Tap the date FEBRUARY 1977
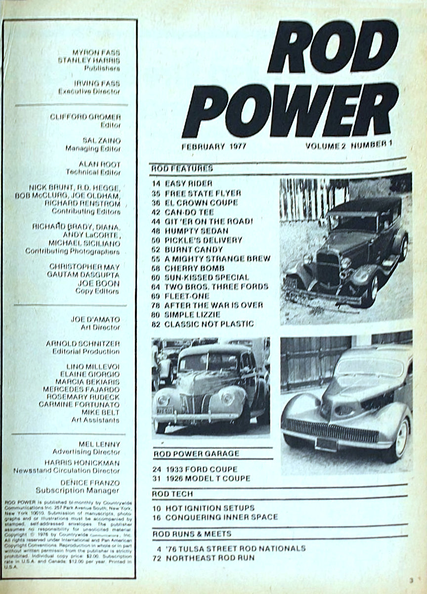pyautogui.click(x=213, y=147)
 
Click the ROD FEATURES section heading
pyautogui.click(x=182, y=168)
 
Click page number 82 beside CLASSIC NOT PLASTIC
pyautogui.click(x=156, y=324)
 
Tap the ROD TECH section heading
pyautogui.click(x=172, y=494)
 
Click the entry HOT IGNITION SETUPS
pyautogui.click(x=210, y=508)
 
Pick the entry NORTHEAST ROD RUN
pyautogui.click(x=210, y=557)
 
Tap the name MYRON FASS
pyautogui.click(x=96, y=52)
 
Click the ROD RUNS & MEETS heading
pyautogui.click(x=192, y=534)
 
